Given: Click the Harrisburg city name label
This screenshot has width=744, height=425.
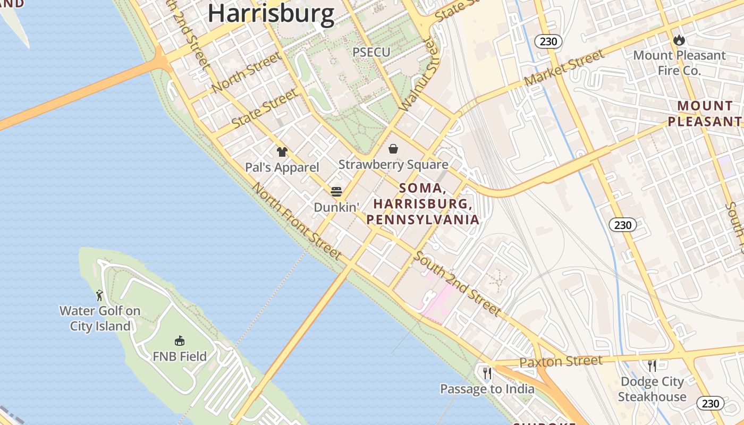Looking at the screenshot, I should click(271, 13).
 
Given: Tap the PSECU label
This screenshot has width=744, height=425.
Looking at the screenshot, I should click(371, 52).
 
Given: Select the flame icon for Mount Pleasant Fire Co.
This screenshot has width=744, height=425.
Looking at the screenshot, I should click(679, 40).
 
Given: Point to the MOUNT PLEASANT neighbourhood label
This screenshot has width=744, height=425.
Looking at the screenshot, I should click(705, 114).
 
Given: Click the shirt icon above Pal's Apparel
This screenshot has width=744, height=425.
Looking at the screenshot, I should click(282, 152).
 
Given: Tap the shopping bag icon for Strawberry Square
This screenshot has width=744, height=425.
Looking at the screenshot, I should click(393, 149).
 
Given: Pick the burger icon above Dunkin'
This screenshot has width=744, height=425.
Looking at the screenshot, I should click(336, 191).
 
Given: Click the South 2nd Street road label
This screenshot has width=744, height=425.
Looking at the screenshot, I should click(457, 284).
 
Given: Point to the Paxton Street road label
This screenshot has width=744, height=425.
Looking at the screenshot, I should click(561, 362).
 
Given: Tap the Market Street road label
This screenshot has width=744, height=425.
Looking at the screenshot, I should click(564, 68).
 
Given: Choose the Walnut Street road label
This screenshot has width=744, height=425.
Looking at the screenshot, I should click(420, 74).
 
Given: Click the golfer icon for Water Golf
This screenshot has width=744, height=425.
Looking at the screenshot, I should click(99, 295).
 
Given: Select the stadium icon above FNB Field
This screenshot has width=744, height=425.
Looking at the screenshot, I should click(180, 341).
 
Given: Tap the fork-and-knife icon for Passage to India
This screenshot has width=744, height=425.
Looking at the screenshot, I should click(487, 373).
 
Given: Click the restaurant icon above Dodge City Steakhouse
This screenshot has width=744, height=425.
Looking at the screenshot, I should click(652, 365).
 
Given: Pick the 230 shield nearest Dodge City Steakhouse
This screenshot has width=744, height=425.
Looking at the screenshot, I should click(710, 403).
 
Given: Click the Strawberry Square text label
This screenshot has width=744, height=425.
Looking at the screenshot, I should click(393, 165).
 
